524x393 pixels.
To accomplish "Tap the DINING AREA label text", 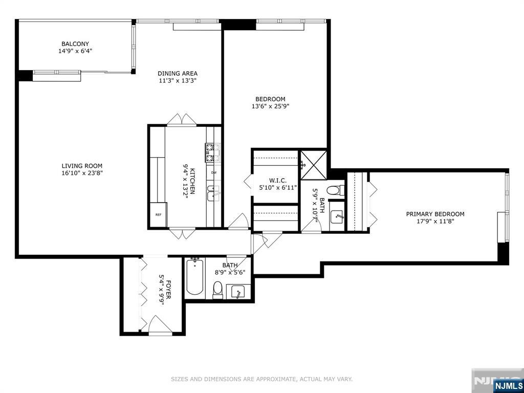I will click(177, 73).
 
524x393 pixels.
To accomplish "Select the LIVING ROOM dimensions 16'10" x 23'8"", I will click(82, 173).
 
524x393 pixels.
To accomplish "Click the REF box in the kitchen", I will click(158, 214).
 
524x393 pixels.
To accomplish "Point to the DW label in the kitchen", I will click(213, 172).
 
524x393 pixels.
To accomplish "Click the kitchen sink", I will click(213, 193).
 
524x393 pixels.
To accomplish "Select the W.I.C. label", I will click(274, 181).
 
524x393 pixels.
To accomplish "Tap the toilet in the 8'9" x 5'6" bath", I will click(218, 289).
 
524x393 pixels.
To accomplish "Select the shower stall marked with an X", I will click(313, 164).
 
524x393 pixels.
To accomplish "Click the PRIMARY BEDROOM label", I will click(435, 214).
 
